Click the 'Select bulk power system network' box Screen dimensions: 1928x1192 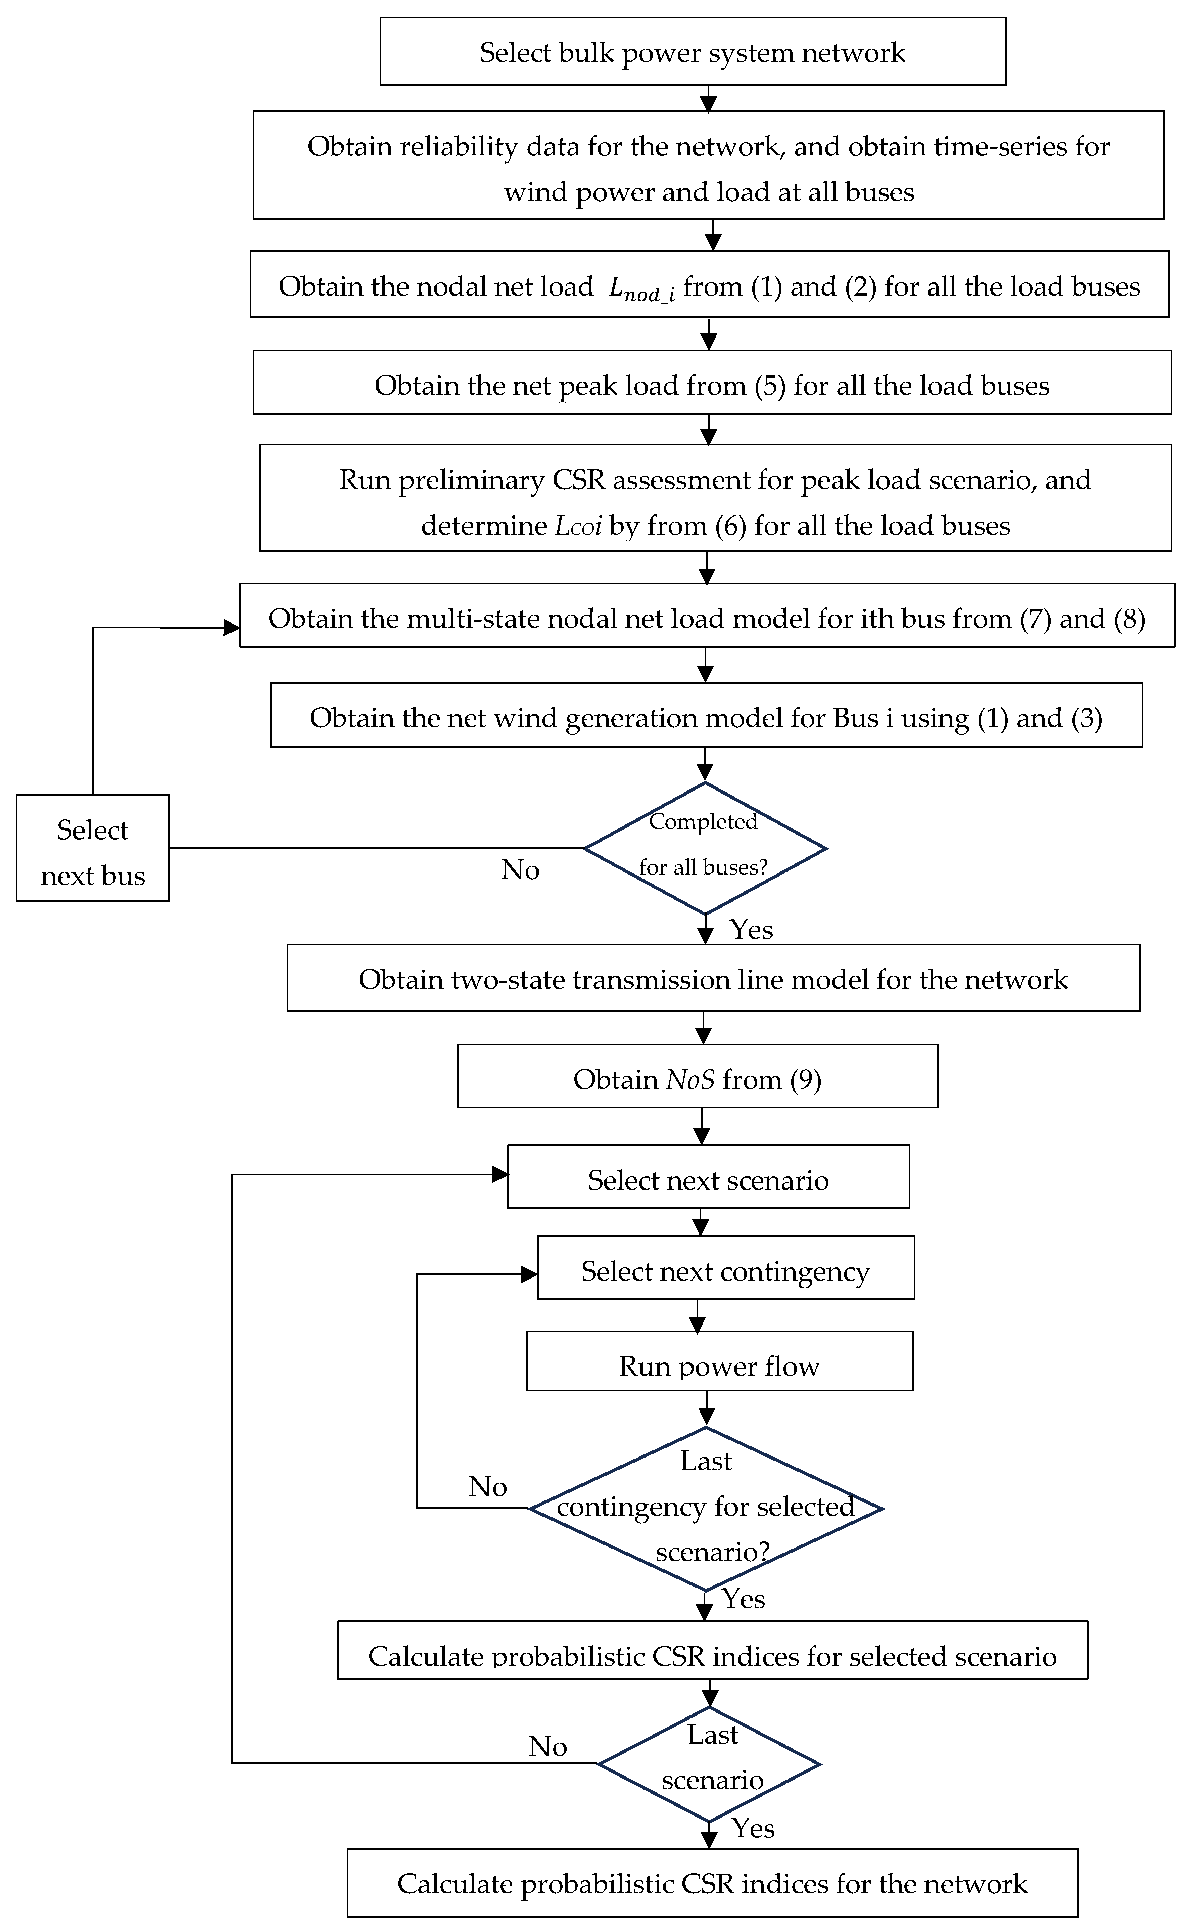coord(692,52)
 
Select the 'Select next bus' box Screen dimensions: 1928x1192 coord(93,849)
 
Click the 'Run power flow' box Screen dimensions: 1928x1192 coord(719,1366)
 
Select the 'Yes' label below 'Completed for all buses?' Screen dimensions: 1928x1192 coord(751,930)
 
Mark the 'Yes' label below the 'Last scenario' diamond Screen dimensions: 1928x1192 coord(753,1828)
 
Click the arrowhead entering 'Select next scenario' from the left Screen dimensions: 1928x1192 coord(500,1175)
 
